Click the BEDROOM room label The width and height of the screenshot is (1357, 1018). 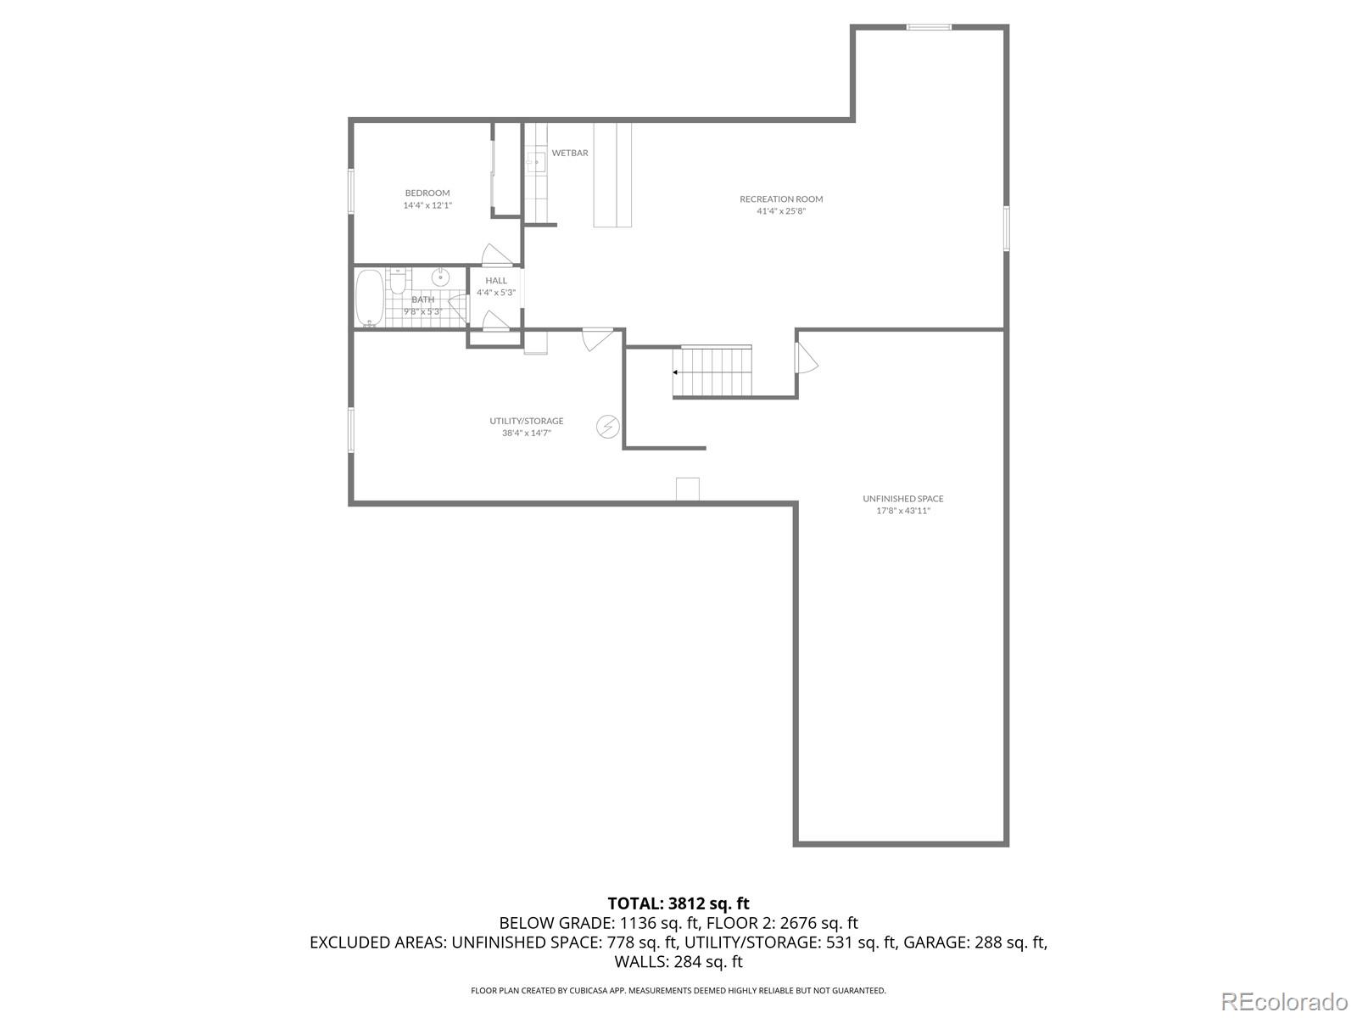(x=427, y=193)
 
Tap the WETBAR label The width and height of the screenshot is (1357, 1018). (x=570, y=154)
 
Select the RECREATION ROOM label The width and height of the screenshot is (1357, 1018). (x=781, y=199)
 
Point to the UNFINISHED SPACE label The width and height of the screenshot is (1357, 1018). (x=902, y=499)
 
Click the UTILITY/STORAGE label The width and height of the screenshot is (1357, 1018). (x=526, y=421)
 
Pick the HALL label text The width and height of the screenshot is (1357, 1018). (x=496, y=281)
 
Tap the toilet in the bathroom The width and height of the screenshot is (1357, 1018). (x=398, y=282)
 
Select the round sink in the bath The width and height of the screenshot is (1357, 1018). (x=441, y=277)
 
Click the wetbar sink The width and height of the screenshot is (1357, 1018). (x=534, y=161)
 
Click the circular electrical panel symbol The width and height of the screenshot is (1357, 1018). (x=608, y=427)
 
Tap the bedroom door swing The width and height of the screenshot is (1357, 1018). (x=495, y=253)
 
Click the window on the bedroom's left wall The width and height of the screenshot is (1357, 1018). (x=350, y=190)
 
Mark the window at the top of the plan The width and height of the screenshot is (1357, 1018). (x=929, y=27)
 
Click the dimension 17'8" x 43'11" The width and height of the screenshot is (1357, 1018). (x=902, y=511)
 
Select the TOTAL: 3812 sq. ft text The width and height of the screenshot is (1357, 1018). (x=678, y=903)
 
